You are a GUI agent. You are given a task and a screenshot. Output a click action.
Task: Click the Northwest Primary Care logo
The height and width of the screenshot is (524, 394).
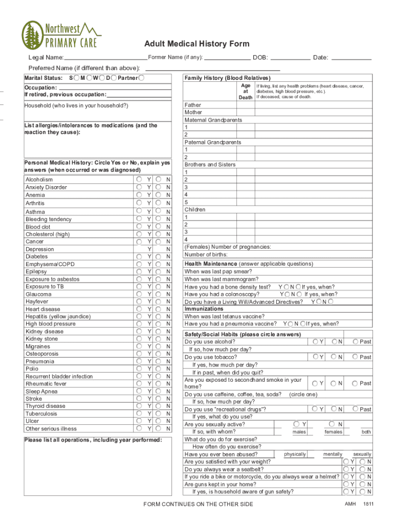click(x=58, y=35)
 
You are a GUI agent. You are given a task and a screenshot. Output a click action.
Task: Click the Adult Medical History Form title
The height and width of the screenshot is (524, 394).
click(x=196, y=44)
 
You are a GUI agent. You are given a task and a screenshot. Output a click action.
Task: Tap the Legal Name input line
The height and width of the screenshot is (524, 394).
click(x=105, y=58)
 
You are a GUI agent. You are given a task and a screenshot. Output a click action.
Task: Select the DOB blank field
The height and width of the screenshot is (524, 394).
click(x=290, y=58)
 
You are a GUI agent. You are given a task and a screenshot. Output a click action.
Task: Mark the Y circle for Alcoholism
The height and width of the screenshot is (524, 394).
click(x=139, y=180)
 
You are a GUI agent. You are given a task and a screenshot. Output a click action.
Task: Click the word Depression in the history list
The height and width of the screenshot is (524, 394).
click(x=40, y=249)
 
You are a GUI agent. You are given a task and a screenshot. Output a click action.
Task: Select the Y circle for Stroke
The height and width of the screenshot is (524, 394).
click(x=139, y=399)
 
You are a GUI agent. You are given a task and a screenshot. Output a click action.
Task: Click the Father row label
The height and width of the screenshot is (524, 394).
click(x=193, y=105)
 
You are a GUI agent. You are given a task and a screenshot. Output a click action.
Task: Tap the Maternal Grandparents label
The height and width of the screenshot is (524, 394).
click(x=213, y=120)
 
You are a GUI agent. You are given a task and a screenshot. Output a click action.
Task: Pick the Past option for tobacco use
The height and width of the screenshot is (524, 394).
click(x=356, y=357)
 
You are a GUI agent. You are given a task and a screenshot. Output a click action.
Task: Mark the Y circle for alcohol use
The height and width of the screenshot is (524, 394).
click(x=316, y=341)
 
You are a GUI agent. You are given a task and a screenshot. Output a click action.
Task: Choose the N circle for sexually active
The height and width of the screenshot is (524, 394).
click(x=332, y=424)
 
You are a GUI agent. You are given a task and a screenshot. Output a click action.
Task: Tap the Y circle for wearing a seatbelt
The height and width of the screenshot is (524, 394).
click(x=346, y=469)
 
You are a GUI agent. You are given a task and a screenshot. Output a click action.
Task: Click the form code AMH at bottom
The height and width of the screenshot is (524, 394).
click(x=350, y=504)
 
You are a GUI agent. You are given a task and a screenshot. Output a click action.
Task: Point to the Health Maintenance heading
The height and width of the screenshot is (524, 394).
click(x=210, y=264)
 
